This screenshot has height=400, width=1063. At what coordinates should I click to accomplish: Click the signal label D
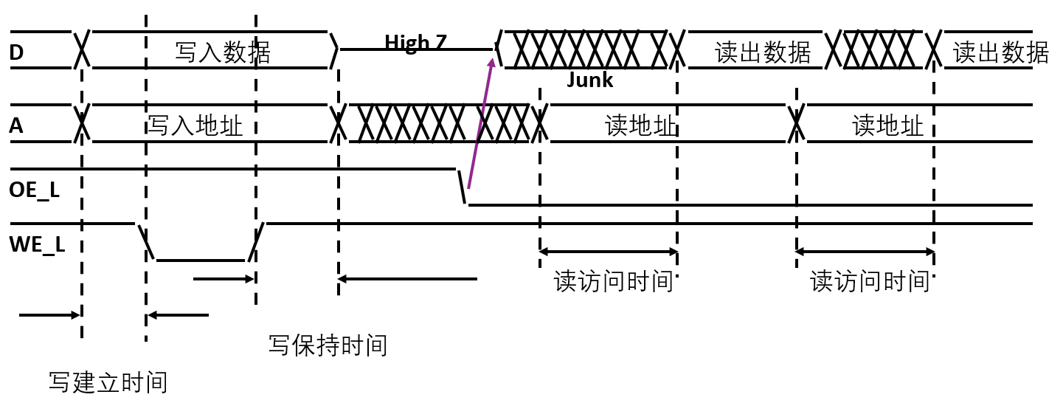tap(17, 52)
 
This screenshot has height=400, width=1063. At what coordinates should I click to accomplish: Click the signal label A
tap(16, 127)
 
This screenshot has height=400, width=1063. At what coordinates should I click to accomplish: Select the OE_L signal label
tap(34, 190)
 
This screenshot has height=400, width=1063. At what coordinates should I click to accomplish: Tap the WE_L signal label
tap(37, 243)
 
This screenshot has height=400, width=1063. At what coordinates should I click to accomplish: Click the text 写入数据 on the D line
tap(223, 52)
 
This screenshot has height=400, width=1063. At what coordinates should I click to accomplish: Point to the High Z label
tap(415, 42)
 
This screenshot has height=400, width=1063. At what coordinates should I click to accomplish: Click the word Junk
tap(589, 80)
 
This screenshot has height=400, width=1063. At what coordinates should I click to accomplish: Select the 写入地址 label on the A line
tap(195, 125)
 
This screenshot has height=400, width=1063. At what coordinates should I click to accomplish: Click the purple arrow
tap(479, 121)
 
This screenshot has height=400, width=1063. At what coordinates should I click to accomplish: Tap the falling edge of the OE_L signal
tap(463, 187)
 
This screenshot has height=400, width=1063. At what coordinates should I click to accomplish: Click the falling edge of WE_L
tap(146, 242)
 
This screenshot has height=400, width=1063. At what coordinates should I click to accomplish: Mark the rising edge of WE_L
tap(255, 242)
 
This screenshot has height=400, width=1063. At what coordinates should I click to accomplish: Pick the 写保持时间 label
tap(328, 345)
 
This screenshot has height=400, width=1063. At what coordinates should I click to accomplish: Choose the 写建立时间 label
tap(108, 382)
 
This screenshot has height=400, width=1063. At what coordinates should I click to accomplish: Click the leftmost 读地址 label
tap(640, 125)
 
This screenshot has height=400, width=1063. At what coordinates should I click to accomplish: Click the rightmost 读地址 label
tap(887, 125)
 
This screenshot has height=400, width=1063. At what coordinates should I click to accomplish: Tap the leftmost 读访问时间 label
tap(614, 281)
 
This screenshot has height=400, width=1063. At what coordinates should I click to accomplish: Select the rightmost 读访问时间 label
tap(870, 281)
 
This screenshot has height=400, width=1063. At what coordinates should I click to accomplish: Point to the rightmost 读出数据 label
tap(1000, 52)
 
